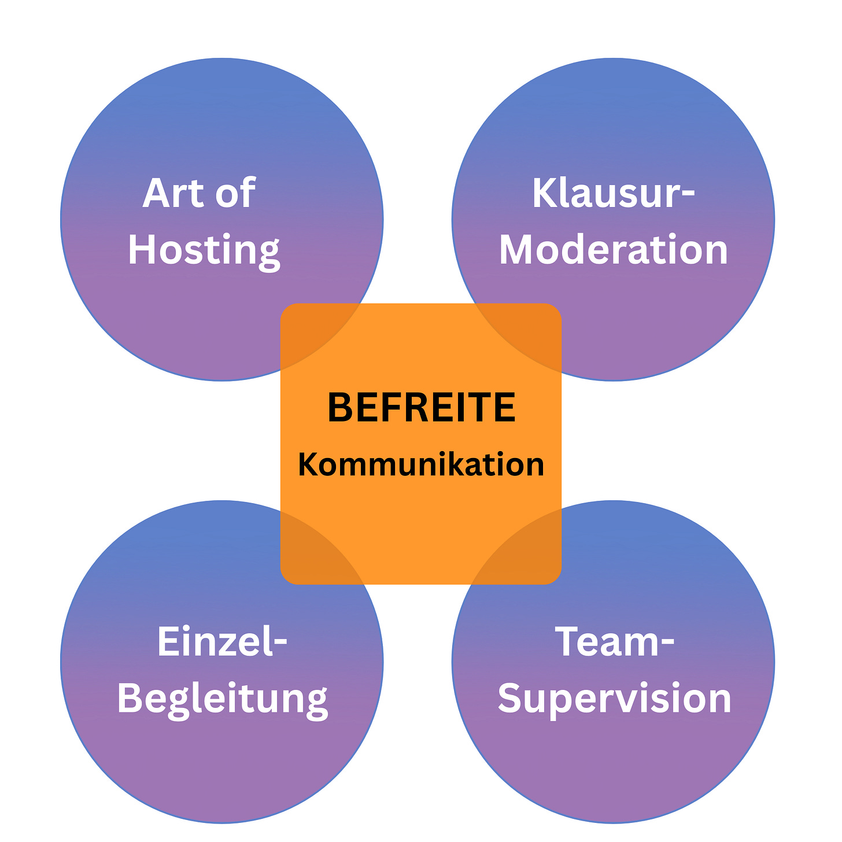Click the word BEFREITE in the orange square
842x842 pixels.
pos(421,408)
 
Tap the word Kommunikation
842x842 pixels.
pos(421,464)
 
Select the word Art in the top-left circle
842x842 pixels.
pos(168,193)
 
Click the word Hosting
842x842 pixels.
pos(204,250)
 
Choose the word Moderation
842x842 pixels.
pos(613,250)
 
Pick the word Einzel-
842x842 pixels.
pos(222,642)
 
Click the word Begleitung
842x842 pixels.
pos(222,699)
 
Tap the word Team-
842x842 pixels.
pos(614,642)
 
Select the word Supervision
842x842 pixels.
pos(614,699)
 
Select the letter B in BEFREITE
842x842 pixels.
pos(339,408)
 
